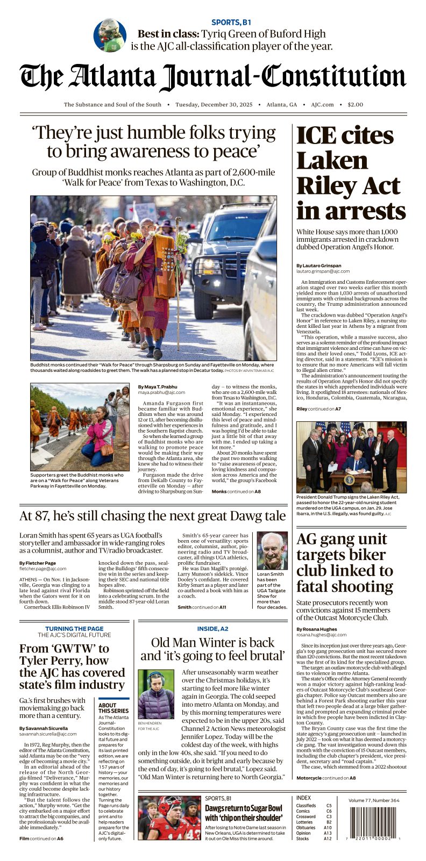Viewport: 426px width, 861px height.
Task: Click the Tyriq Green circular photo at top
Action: pos(110,35)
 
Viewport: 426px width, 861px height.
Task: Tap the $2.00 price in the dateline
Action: pos(355,105)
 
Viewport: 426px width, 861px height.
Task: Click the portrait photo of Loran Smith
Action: pos(272,551)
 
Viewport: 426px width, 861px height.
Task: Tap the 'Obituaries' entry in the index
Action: pos(306,828)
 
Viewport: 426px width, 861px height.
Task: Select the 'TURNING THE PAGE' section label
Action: pos(74,628)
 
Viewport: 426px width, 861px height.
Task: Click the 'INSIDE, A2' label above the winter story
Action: pos(212,628)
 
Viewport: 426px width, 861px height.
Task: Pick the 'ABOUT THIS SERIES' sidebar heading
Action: pos(113,708)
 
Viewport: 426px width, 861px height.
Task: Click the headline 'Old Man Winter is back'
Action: pos(212,643)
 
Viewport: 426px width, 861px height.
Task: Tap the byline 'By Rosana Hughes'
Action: pos(317,629)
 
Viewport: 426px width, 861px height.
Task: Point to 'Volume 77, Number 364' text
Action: pos(374,800)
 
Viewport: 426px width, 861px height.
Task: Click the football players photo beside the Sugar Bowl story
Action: pos(169,818)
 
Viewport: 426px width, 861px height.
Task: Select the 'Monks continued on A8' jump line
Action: pos(236,491)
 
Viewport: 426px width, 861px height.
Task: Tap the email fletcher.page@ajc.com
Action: pos(43,568)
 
